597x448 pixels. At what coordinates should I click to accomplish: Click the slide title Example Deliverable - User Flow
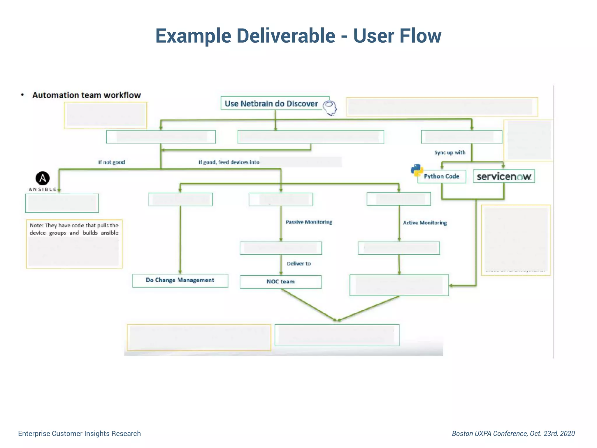pos(298,36)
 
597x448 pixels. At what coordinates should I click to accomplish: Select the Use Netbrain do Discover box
pos(271,104)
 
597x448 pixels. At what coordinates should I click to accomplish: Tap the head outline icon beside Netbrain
pos(330,108)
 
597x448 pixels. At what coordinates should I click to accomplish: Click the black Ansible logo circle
pos(43,178)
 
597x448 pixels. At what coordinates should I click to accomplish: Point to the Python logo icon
pos(417,170)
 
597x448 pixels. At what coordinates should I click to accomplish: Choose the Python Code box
pos(441,176)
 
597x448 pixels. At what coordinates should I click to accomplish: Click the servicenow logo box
pos(504,176)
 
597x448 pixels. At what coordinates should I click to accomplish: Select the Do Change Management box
pos(180,280)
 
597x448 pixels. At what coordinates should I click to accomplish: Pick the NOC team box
pos(280,282)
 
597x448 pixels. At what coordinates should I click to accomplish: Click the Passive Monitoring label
pos(309,222)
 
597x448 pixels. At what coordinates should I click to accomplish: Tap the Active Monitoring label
pos(425,223)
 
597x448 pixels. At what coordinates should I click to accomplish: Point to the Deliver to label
pos(298,264)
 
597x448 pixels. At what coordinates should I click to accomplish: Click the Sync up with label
pos(450,153)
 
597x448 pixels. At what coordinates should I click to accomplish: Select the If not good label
pos(111,162)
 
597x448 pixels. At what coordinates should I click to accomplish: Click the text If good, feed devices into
pos(229,162)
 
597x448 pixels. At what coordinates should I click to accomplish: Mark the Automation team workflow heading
pos(86,95)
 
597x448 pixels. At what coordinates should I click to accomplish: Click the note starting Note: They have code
pos(74,229)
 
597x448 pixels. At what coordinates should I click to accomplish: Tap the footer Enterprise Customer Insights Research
pos(79,433)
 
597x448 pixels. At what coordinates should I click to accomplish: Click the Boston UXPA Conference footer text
pos(513,433)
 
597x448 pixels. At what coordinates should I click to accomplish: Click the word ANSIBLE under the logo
pos(43,190)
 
